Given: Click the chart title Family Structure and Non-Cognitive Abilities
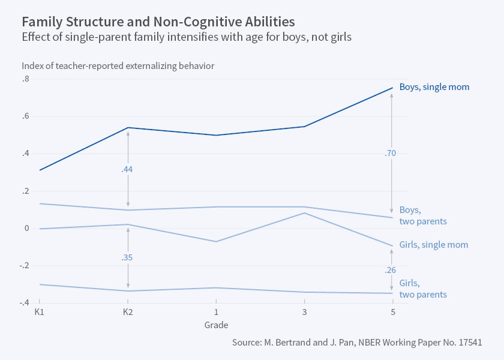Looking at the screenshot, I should click(158, 22).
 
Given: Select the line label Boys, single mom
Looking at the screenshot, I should click(434, 87).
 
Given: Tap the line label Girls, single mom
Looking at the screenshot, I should click(433, 245).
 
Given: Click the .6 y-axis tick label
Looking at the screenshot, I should click(25, 116).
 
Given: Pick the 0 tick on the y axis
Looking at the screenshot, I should click(27, 229).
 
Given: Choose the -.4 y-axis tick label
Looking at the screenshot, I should click(25, 303).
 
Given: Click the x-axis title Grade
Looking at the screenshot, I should click(215, 325).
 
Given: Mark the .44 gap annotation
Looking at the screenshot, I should click(127, 170).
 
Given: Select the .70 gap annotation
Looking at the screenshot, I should click(391, 154).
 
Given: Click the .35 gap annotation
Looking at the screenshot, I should click(127, 257).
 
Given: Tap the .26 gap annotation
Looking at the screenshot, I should click(391, 271).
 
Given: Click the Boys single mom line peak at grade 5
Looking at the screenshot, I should click(392, 88).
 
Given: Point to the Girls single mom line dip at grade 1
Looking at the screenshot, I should click(216, 241).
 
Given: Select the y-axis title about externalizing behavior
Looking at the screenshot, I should click(118, 65).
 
